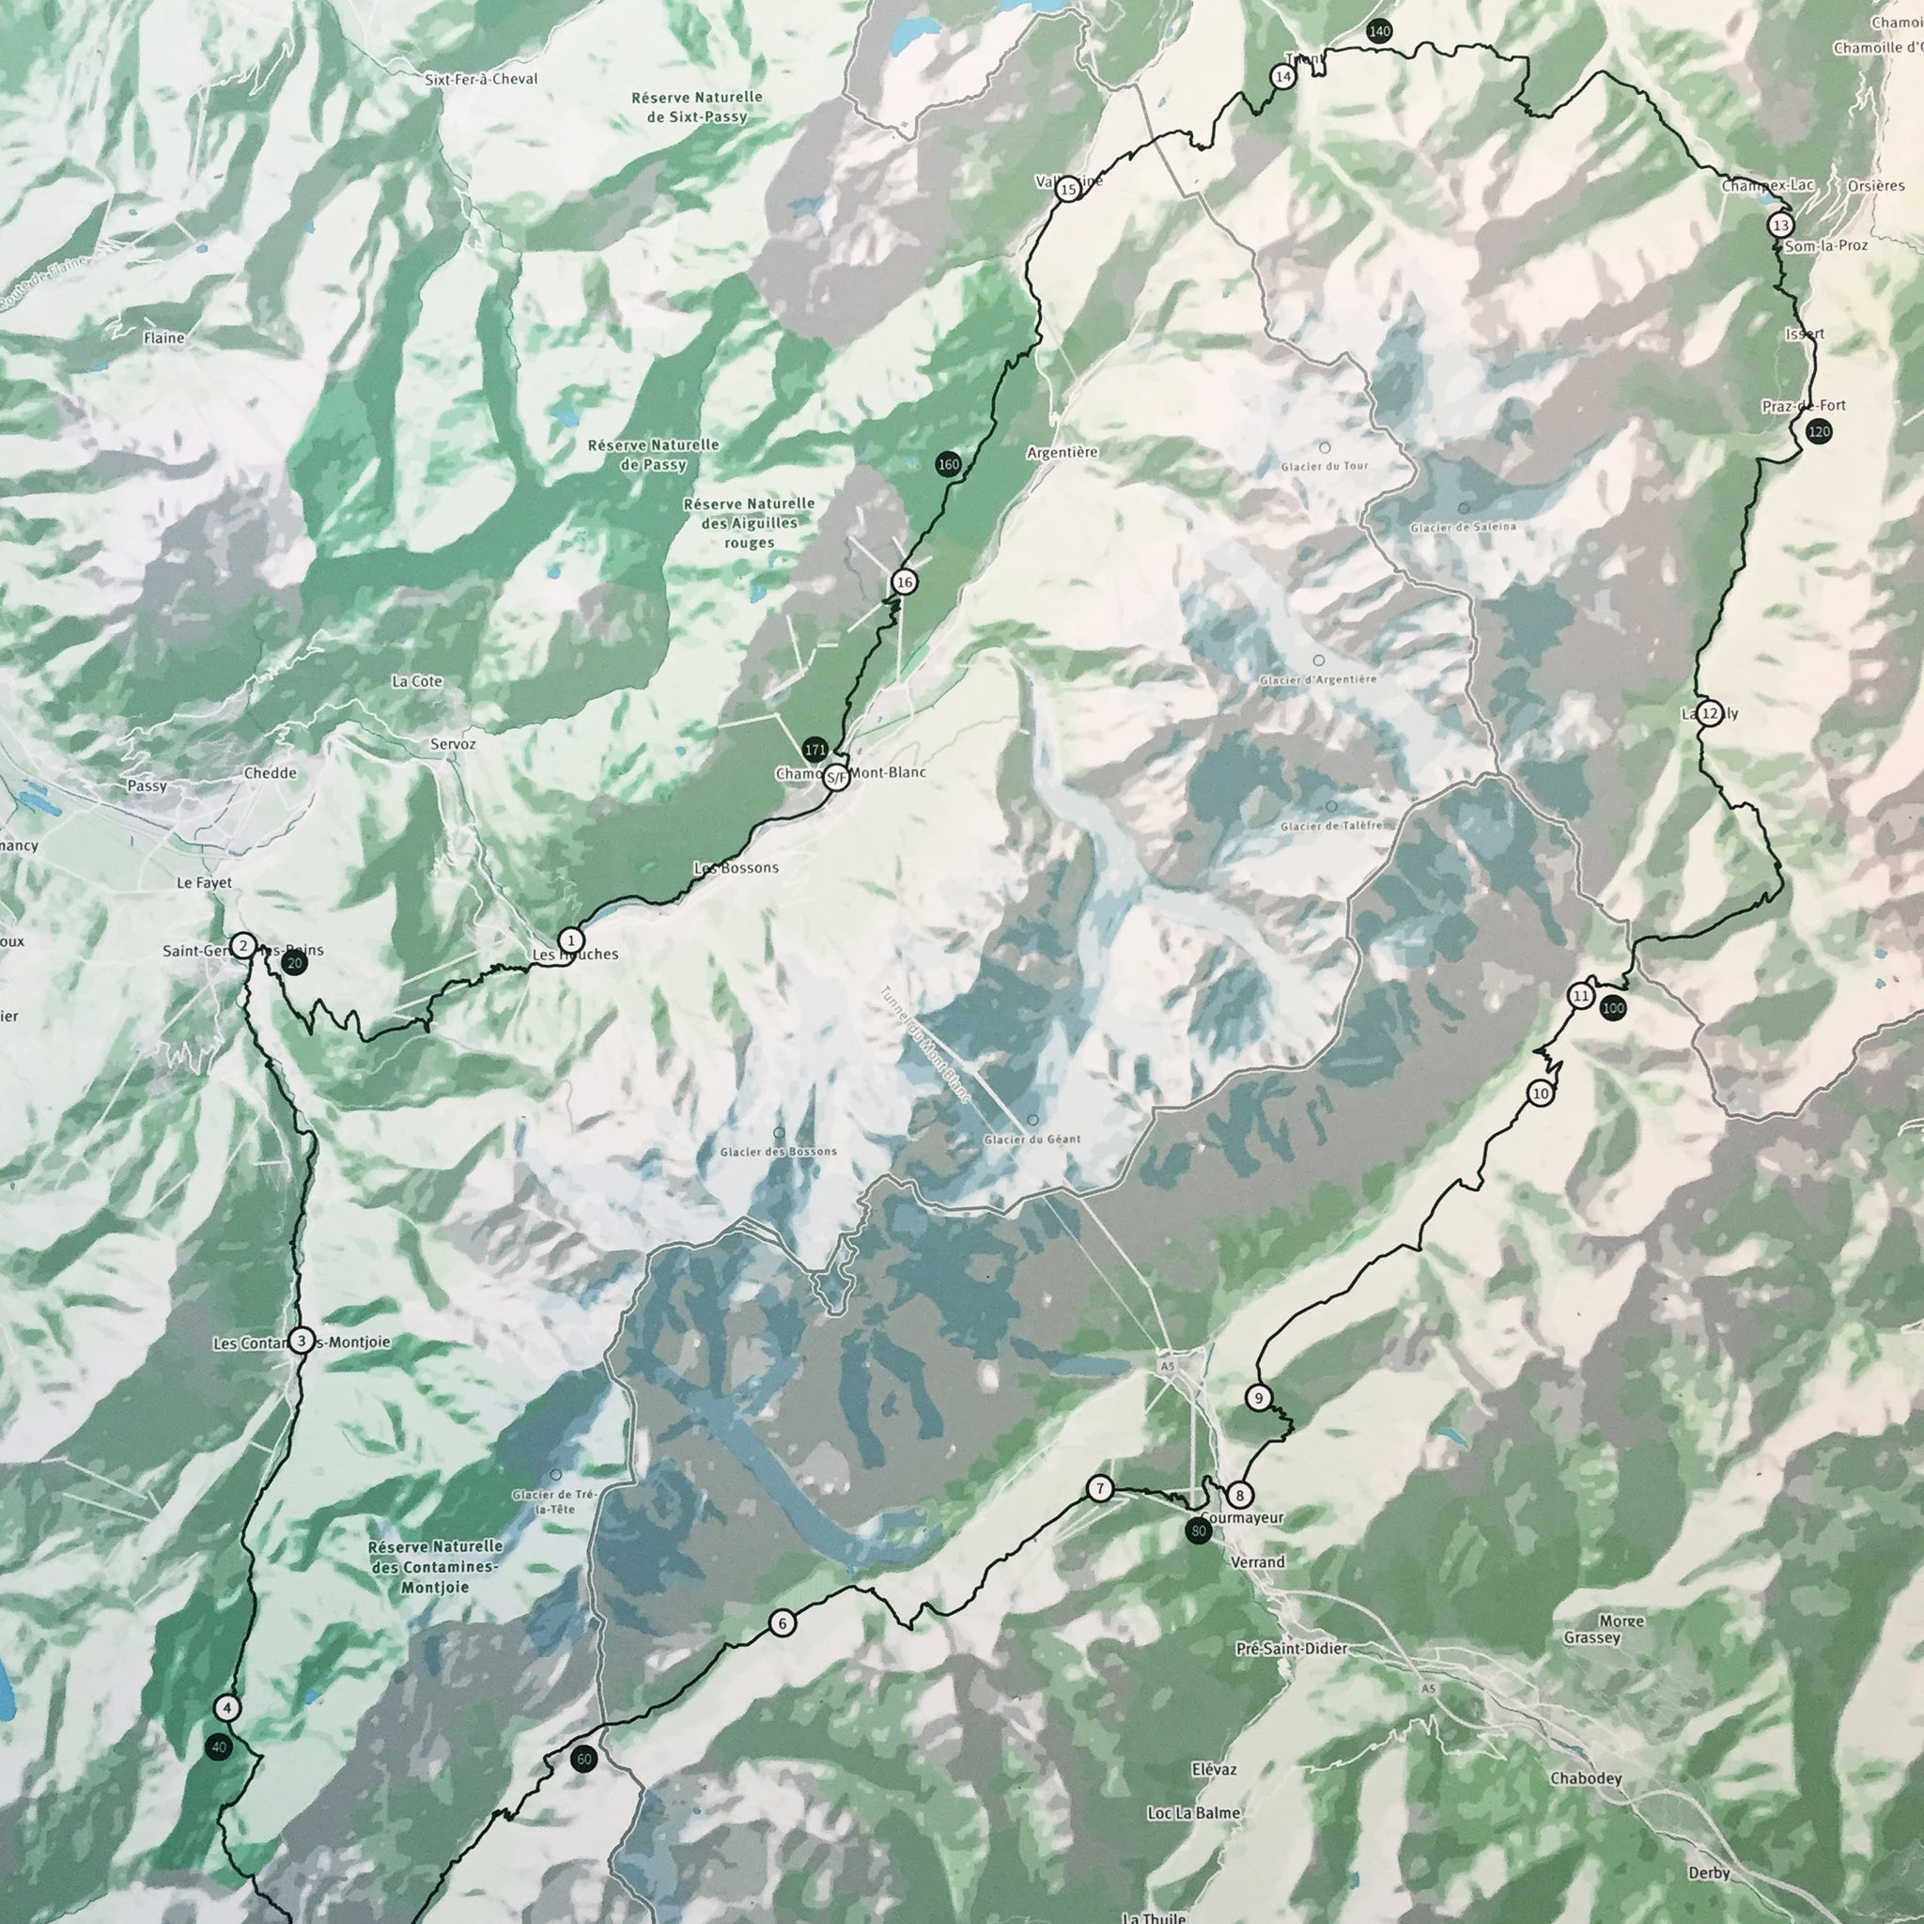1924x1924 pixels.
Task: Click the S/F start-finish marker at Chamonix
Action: (x=837, y=777)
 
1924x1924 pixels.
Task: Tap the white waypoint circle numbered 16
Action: (x=903, y=582)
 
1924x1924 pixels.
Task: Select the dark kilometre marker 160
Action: (x=948, y=464)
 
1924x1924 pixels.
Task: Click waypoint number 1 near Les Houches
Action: (x=570, y=940)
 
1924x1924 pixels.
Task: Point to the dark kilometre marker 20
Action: (x=294, y=963)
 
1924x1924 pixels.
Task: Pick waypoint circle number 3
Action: (x=301, y=1342)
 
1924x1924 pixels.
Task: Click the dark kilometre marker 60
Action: (x=583, y=1760)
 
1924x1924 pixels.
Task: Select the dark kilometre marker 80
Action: (x=1198, y=1530)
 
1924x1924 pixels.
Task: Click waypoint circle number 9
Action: (x=1259, y=1398)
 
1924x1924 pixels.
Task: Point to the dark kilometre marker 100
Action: (x=1612, y=1009)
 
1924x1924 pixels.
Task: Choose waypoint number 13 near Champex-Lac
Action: (x=1780, y=225)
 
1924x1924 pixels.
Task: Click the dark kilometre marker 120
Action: (x=1819, y=431)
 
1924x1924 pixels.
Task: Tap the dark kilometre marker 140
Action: (x=1378, y=31)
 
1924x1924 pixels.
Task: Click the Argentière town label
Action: (x=1062, y=452)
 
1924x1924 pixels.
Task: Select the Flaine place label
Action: (x=163, y=338)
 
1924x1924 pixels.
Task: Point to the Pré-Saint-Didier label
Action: (x=1291, y=1649)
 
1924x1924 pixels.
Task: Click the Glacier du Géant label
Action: (x=1031, y=1140)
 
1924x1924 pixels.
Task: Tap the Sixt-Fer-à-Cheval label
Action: (x=481, y=79)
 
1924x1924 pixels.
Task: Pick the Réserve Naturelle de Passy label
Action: (x=652, y=454)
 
